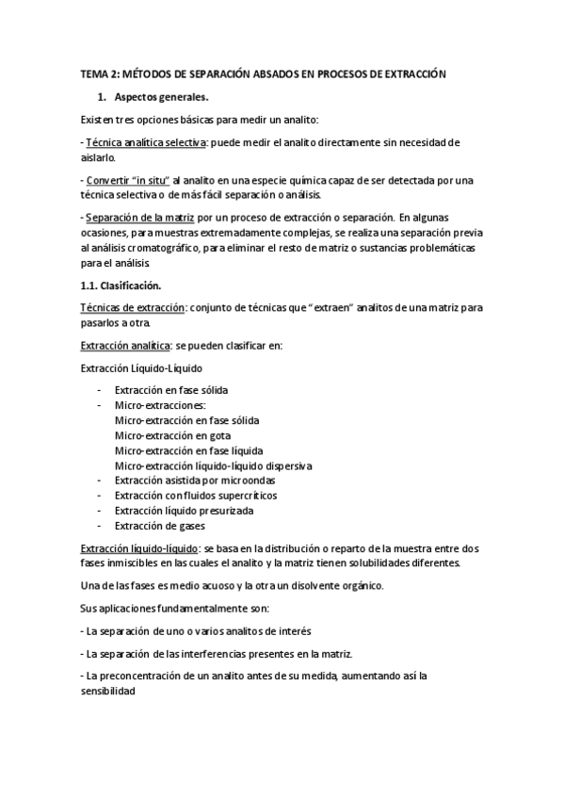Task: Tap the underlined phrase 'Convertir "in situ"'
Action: (128, 180)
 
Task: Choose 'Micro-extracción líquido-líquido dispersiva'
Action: (213, 465)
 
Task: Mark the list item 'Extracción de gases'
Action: (159, 526)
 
